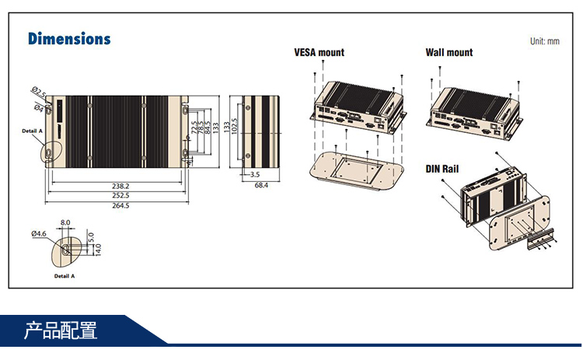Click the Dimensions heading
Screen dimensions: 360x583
(x=69, y=39)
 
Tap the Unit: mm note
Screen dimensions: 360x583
(x=544, y=41)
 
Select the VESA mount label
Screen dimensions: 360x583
(x=319, y=53)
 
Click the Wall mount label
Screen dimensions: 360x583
(x=449, y=53)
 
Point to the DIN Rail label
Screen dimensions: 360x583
(x=442, y=169)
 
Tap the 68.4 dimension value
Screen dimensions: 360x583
(x=261, y=185)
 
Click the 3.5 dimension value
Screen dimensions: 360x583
(x=255, y=175)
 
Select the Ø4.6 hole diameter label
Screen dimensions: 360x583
(x=40, y=233)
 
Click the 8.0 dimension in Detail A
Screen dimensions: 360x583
(x=65, y=223)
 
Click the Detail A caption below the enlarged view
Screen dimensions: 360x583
(x=64, y=276)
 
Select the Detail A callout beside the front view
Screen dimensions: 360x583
(x=32, y=131)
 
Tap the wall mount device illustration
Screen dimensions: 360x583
(x=473, y=109)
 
